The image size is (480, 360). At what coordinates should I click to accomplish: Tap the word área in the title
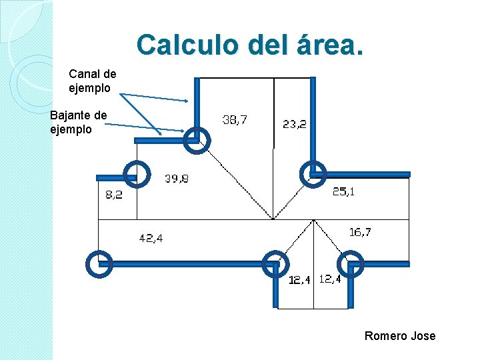click(x=326, y=45)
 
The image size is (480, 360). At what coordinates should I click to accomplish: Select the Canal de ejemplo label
click(x=92, y=81)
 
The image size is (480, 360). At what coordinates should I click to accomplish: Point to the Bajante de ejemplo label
click(x=78, y=122)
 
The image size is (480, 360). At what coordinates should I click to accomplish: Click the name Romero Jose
click(x=399, y=335)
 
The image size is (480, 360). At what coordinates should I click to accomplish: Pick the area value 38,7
click(x=234, y=120)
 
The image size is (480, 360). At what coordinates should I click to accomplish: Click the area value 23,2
click(x=294, y=123)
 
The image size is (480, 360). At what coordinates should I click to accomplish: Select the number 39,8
click(x=177, y=179)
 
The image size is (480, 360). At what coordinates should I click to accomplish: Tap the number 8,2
click(x=113, y=195)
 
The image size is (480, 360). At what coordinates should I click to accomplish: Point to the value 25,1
click(x=343, y=192)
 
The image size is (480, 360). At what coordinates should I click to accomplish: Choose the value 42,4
click(x=151, y=237)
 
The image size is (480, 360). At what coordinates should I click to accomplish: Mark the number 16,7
click(x=360, y=232)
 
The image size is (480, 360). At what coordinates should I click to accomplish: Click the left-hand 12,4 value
click(x=299, y=280)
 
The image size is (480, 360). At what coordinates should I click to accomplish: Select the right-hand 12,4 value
click(x=329, y=279)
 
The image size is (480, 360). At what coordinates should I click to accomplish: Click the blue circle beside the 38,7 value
click(x=197, y=140)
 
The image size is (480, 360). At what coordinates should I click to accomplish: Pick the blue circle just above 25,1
click(x=313, y=173)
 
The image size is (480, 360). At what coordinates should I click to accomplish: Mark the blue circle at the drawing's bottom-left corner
click(x=99, y=264)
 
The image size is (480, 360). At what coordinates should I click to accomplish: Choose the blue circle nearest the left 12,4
click(x=275, y=265)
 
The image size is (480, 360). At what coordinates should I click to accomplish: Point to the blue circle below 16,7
click(x=351, y=264)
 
